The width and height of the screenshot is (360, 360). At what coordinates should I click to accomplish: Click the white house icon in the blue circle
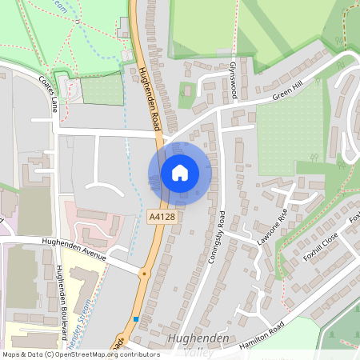pyautogui.click(x=180, y=172)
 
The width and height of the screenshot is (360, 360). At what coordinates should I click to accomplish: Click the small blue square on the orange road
pyautogui.click(x=137, y=318)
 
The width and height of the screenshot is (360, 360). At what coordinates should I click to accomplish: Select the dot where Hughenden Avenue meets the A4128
pyautogui.click(x=144, y=273)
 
